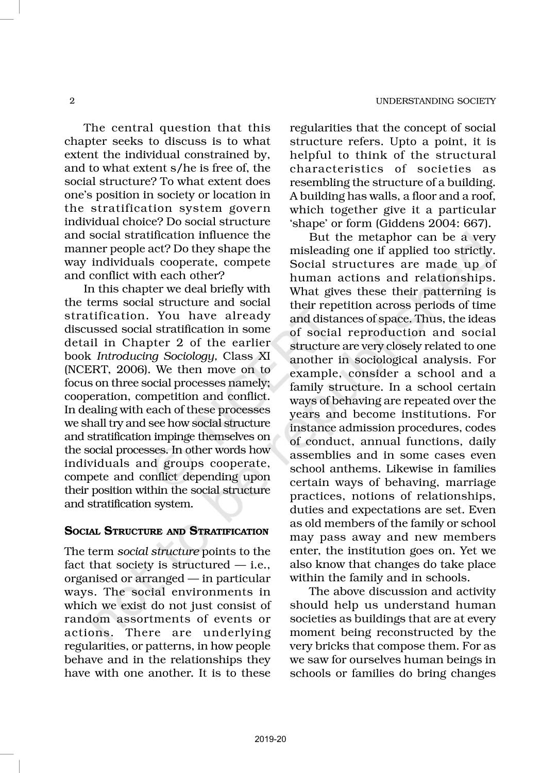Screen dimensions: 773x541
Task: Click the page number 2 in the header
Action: (x=72, y=101)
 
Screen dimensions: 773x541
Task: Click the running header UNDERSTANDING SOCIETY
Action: (x=436, y=101)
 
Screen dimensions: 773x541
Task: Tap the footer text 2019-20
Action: (x=270, y=740)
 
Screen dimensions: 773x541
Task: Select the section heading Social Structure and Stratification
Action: (x=166, y=531)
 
